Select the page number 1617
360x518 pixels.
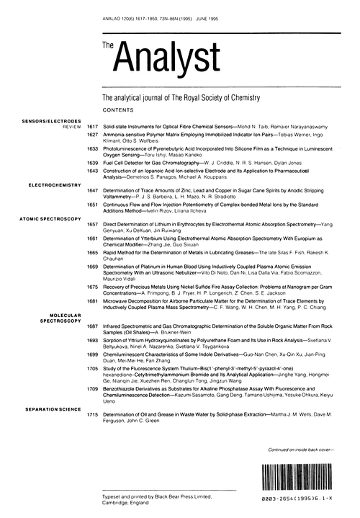click(x=91, y=126)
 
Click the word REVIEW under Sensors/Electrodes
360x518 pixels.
click(x=71, y=126)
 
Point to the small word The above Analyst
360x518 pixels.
click(x=108, y=45)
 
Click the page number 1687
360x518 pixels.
click(x=91, y=326)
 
